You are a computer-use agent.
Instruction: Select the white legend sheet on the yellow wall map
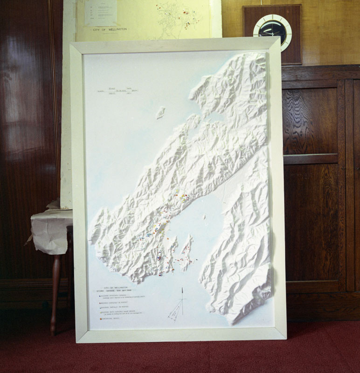[x=100, y=13]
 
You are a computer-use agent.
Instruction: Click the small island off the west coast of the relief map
[x=160, y=112]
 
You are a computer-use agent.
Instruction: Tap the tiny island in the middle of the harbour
[x=204, y=216]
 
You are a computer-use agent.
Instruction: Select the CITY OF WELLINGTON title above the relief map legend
[x=114, y=289]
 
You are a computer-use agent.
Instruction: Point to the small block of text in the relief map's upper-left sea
[x=115, y=90]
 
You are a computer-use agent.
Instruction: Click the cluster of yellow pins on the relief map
[x=185, y=198]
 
